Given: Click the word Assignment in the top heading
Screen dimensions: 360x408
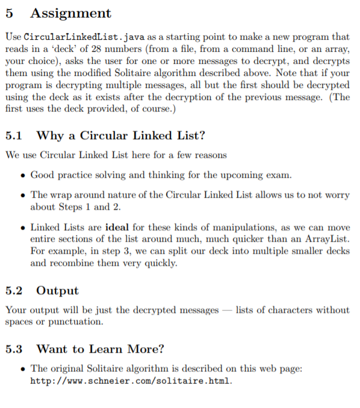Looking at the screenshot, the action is click(x=70, y=13).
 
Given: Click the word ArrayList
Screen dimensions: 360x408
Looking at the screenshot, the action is click(x=327, y=240).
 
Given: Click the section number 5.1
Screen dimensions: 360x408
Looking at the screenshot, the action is click(x=14, y=136).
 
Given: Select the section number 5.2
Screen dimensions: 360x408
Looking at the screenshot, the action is click(x=14, y=290).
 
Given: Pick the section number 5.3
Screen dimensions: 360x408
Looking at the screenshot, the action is click(x=14, y=349).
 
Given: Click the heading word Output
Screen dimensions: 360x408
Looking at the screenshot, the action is click(x=58, y=290).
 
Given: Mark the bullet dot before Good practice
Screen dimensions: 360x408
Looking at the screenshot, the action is click(x=22, y=175).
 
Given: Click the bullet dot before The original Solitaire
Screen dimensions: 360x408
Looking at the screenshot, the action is click(x=22, y=369).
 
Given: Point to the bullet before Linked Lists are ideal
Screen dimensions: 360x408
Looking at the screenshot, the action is click(x=22, y=228).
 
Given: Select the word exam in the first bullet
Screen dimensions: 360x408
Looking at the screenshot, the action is click(x=279, y=175).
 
